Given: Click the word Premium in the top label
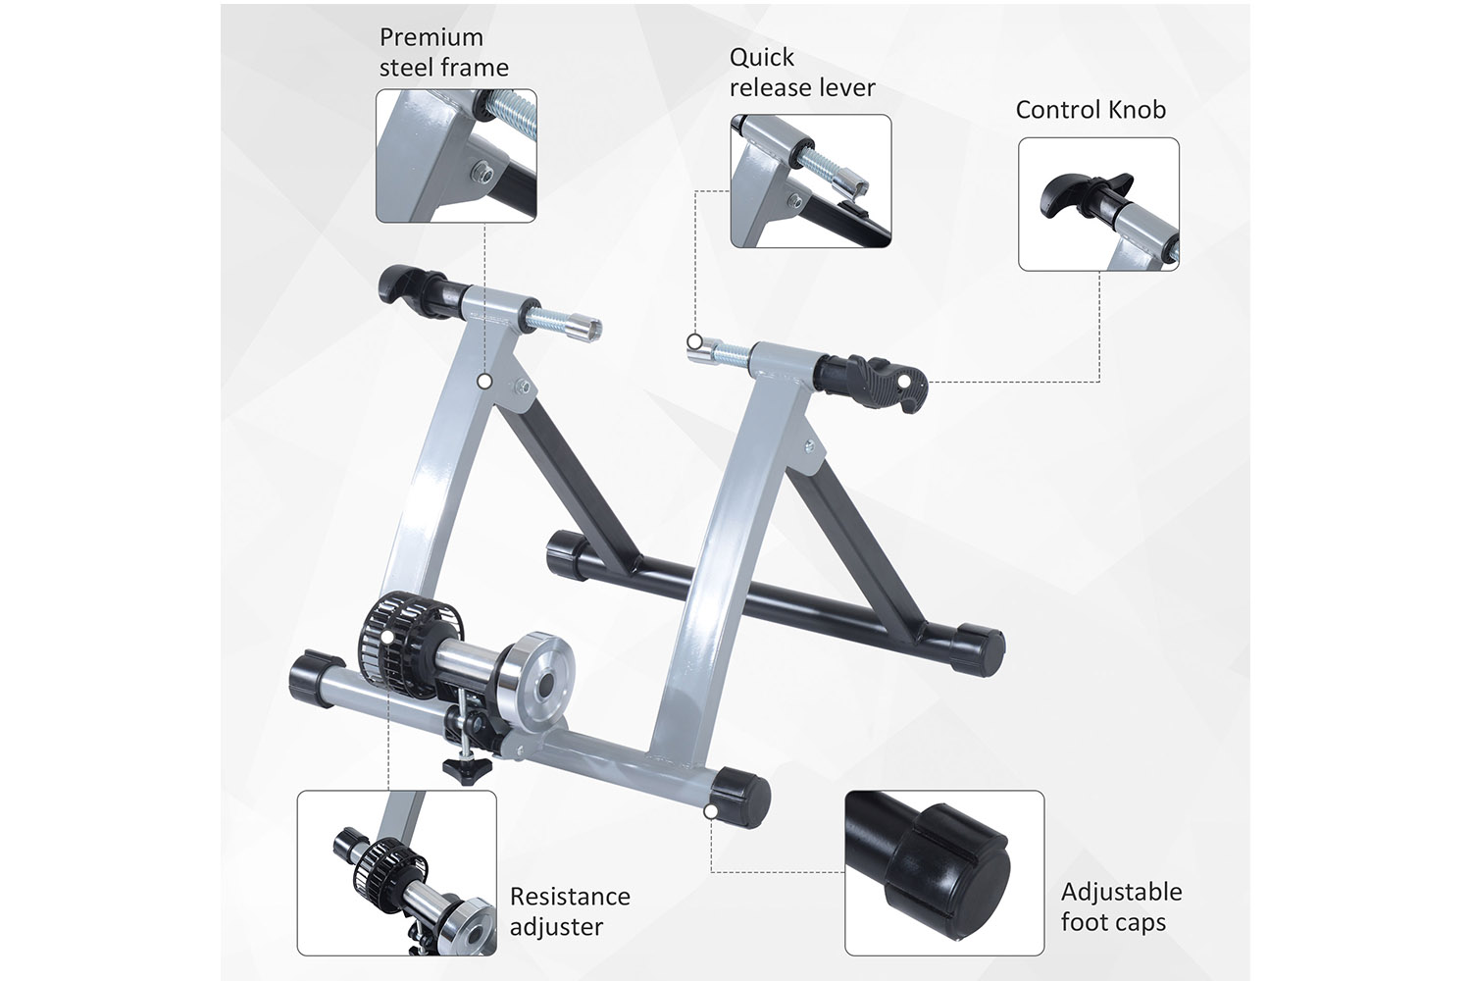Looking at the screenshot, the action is pos(431,38).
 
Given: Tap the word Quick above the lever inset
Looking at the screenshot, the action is pos(762,58).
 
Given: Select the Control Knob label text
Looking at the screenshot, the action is pos(1091,110).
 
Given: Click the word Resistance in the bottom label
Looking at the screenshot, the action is pos(570,897).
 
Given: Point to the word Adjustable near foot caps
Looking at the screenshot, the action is pos(1122,893).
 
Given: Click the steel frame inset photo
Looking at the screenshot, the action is pos(456,156).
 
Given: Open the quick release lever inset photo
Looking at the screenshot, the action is pos(811,181).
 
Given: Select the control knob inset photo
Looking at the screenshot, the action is pos(1098,204).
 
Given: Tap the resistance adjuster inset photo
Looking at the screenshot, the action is pos(396,872).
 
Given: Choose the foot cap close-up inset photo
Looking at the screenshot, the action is pos(944,872).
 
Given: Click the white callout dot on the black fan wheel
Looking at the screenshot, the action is pos(387,637).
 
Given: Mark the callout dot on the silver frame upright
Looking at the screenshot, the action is pos(484,381).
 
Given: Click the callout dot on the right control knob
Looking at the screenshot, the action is pos(904,381).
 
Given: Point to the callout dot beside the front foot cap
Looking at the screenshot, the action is pos(711,811).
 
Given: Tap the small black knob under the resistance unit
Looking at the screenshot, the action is pos(467,769).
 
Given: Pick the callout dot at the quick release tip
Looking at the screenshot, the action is pos(694,341).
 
